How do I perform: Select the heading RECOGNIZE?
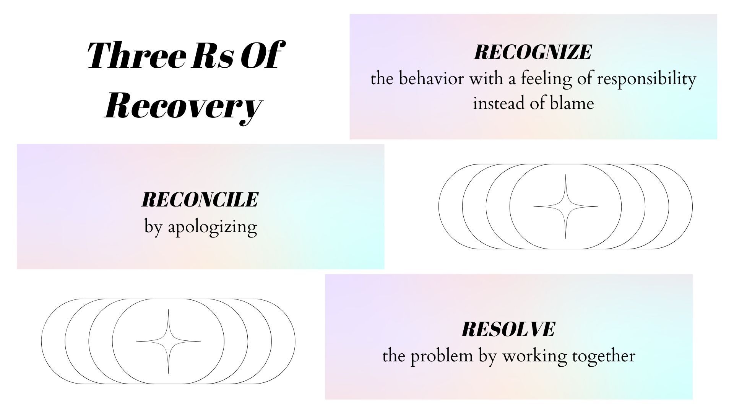tap(533, 52)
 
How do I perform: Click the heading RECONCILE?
tap(200, 200)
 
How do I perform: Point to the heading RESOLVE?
tap(508, 329)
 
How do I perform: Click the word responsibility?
tap(646, 80)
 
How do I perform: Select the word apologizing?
tap(213, 228)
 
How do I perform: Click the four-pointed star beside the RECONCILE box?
tap(565, 206)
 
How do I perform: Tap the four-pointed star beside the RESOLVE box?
tap(168, 341)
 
